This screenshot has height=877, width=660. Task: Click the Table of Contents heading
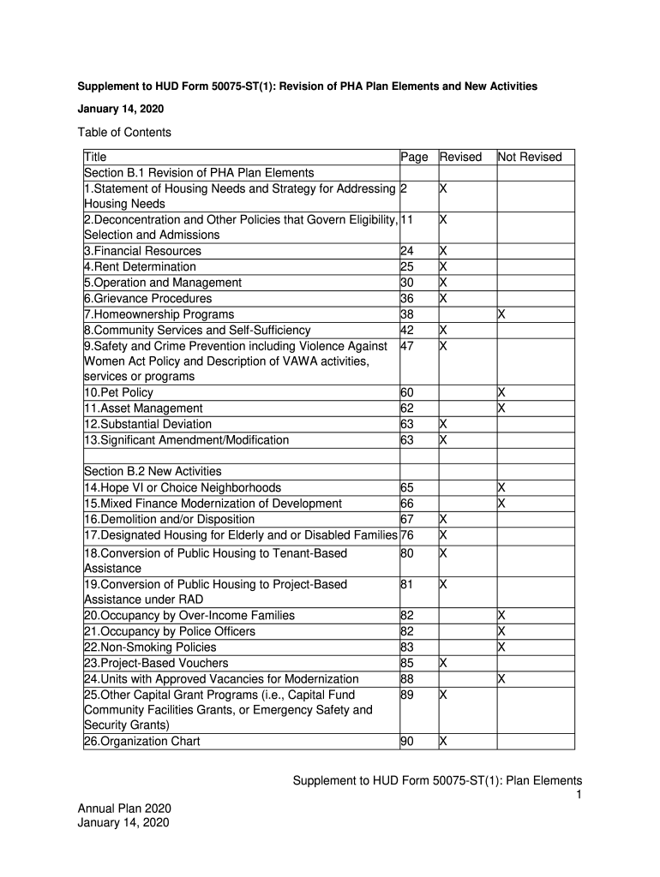124,132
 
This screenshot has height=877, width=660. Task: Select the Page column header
414,157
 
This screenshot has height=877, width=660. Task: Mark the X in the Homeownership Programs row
502,314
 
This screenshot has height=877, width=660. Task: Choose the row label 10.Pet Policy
118,392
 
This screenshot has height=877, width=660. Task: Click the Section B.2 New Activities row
153,471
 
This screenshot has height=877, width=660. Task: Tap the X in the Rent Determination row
443,267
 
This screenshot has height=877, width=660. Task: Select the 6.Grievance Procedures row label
147,299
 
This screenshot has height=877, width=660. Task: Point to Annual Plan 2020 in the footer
125,808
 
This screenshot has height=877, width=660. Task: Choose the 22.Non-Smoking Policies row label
149,647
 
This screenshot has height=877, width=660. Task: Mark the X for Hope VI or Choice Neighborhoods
502,487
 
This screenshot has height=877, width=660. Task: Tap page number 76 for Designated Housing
407,535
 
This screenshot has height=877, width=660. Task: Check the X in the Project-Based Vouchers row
443,663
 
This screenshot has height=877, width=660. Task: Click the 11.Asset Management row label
143,409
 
